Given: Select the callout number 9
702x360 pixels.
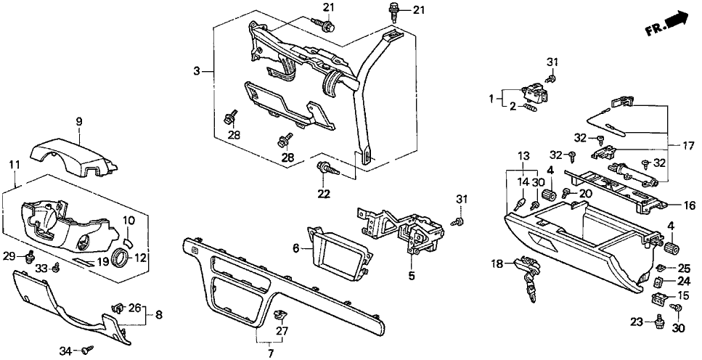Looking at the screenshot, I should [x=79, y=121].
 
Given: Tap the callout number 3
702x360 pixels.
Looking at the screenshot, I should [x=196, y=70].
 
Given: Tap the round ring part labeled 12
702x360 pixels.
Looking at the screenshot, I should [x=120, y=257].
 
